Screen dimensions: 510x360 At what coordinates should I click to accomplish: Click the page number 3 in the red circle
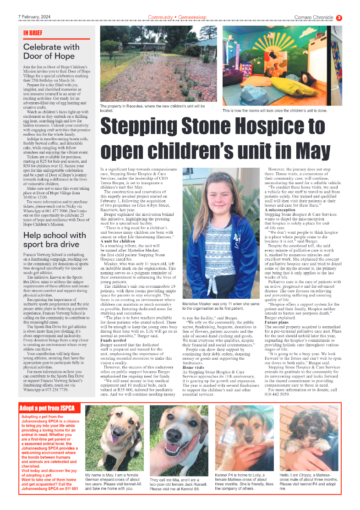coord(339,18)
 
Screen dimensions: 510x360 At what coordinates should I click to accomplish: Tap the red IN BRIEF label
coord(33,33)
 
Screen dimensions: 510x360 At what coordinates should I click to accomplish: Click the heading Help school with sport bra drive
coord(55,240)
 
